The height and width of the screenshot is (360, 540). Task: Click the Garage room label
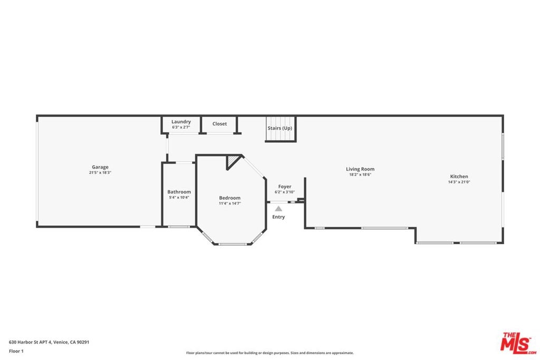coord(100,167)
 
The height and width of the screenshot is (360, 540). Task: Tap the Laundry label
coord(181,122)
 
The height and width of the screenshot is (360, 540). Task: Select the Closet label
coord(220,124)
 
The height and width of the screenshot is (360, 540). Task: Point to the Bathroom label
coord(179,192)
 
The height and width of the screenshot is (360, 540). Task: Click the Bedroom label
coord(230,198)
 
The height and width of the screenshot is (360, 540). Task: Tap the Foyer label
coord(285,187)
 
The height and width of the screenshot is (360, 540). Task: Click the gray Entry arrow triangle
coord(278,209)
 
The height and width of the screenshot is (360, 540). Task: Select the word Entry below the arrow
coord(278,217)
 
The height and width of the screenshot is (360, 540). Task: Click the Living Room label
coord(360,169)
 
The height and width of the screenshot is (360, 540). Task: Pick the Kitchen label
coord(459,177)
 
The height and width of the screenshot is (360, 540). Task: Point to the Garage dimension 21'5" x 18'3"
coord(100,173)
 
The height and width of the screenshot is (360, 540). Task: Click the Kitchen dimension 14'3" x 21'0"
coord(459,182)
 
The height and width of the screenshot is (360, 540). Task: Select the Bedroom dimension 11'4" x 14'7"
coord(230,203)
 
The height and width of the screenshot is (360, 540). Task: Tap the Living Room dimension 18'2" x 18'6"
coord(360,174)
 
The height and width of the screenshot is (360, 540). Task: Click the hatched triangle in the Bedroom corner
coord(232,160)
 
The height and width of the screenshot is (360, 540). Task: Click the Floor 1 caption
coord(16,351)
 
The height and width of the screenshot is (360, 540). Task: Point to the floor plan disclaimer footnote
coord(270,353)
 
